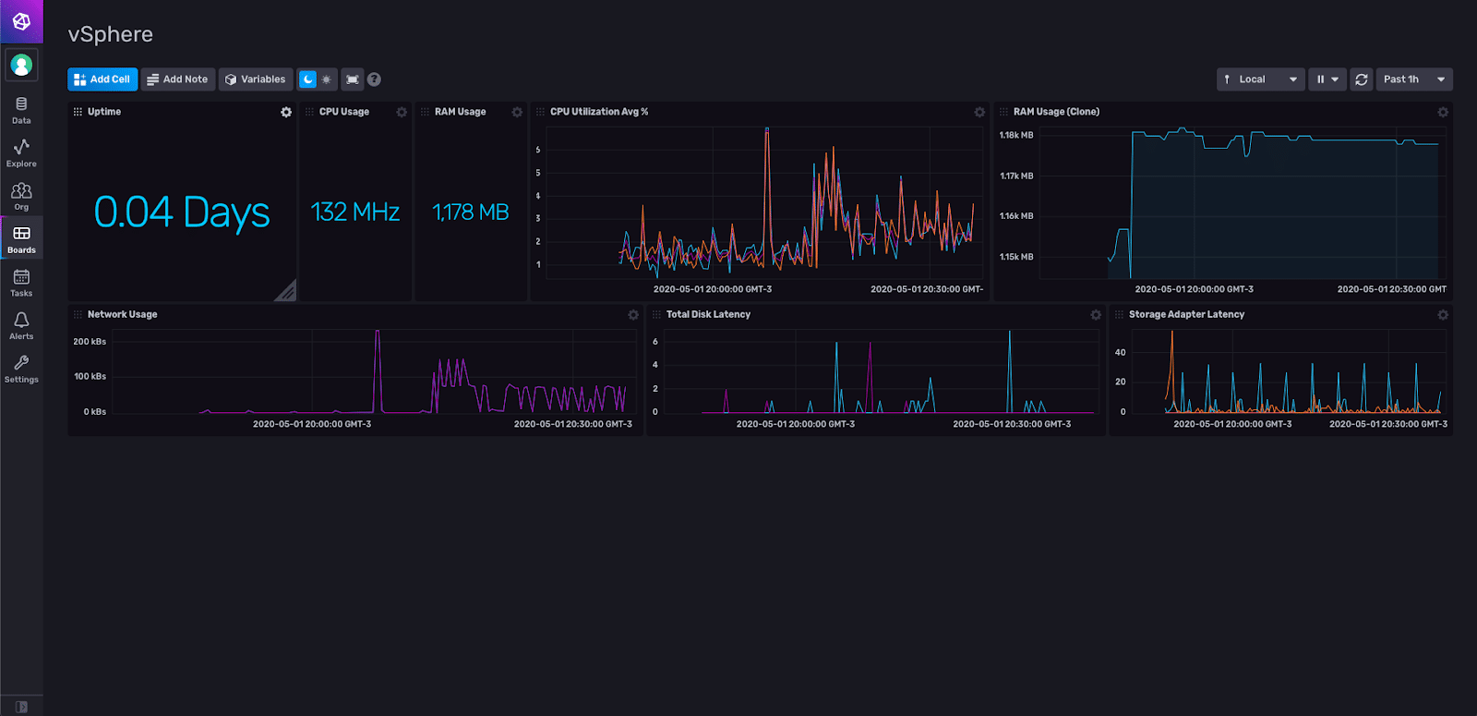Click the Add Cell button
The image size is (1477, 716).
102,79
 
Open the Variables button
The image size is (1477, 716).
256,79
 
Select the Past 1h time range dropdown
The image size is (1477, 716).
1413,79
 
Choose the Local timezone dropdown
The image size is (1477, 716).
1260,79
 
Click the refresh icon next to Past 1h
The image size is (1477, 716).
1361,79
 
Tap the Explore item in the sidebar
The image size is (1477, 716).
21,152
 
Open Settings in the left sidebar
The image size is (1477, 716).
21,368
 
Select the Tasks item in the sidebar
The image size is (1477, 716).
21,282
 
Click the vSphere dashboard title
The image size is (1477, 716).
111,34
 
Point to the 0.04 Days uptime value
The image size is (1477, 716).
182,212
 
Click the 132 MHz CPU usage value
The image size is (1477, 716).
354,212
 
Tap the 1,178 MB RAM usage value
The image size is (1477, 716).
471,212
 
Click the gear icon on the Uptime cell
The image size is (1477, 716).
286,112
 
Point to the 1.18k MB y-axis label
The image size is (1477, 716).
1016,135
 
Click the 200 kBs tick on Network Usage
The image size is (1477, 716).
90,342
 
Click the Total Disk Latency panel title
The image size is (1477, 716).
708,314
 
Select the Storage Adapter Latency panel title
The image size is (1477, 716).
1186,314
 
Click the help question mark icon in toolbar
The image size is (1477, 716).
374,79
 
